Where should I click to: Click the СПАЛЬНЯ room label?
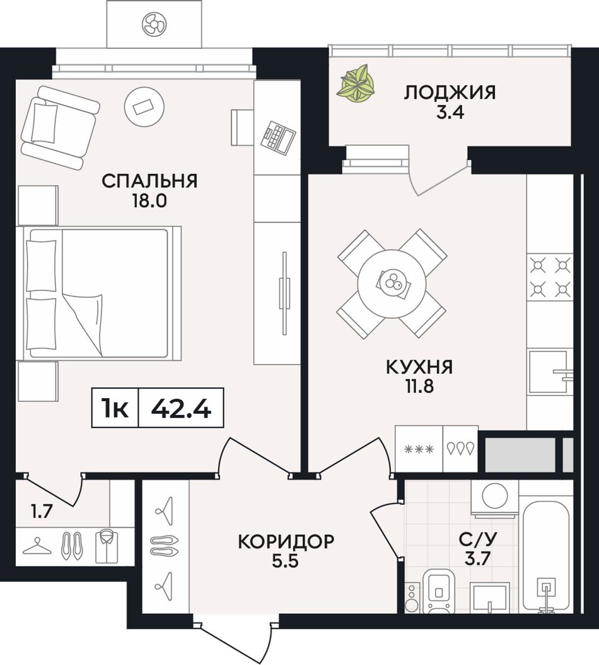(x=149, y=181)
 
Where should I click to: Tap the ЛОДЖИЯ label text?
(x=450, y=93)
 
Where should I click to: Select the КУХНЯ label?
(x=419, y=367)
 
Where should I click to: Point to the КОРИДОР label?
(x=286, y=542)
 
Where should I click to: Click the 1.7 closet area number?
(x=42, y=512)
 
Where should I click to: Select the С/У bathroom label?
(x=477, y=539)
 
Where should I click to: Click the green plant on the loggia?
(x=356, y=84)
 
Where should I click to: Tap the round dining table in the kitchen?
(x=392, y=283)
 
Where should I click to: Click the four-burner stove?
(x=550, y=277)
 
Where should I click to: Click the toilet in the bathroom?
(x=439, y=591)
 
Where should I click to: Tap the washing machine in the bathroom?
(x=494, y=498)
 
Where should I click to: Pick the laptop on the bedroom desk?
(x=277, y=136)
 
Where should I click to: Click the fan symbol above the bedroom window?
(x=153, y=23)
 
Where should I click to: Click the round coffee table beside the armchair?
(x=144, y=106)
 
